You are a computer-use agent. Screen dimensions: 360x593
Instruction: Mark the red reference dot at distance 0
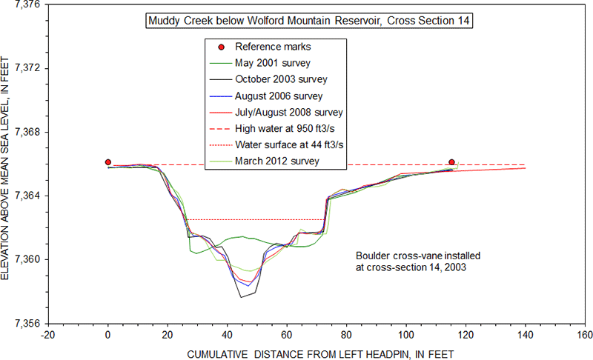108,162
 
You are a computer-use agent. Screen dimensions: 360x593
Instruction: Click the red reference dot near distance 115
451,162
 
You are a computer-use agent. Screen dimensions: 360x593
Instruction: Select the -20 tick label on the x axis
48,334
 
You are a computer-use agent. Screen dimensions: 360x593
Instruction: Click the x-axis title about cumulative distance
320,353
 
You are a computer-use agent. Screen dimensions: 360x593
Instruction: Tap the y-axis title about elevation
7,164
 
